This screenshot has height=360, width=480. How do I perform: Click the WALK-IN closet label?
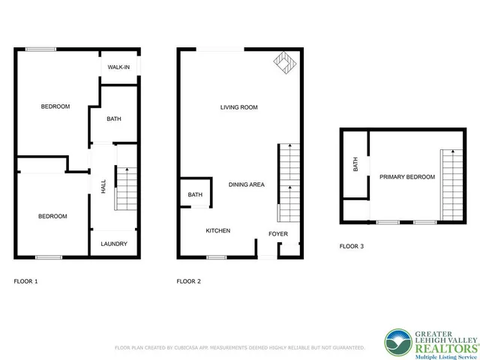point(118,67)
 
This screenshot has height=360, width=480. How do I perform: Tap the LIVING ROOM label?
point(238,107)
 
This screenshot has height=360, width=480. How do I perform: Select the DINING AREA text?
point(247,184)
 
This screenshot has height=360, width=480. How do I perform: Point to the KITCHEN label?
point(218,230)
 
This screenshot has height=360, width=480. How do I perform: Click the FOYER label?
point(278,234)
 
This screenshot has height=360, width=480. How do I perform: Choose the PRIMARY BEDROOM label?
point(406,177)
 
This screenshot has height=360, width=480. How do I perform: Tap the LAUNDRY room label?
point(114,244)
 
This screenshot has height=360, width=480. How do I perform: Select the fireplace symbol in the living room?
point(283,61)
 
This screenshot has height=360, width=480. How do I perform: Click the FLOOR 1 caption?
point(26,282)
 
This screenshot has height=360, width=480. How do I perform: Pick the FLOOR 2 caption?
point(188,282)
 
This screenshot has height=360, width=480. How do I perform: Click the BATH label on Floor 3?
point(355,163)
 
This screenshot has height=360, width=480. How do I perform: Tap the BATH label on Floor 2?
point(195,195)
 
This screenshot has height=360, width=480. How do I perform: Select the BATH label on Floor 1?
point(114,118)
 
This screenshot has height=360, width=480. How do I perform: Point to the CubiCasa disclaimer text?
point(240,348)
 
